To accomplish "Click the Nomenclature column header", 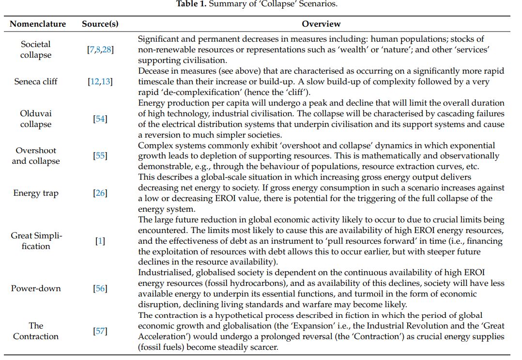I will coord(38,24).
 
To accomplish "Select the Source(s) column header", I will coord(100,24).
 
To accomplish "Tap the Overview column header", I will coord(321,24).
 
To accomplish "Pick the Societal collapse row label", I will coord(36,49).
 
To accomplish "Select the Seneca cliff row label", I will coord(36,81).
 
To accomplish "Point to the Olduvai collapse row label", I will coord(36,119).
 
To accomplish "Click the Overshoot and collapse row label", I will coord(36,156).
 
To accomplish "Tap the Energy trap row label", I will coord(36,193).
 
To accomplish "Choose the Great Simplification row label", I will coord(36,241).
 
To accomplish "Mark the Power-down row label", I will coord(36,288).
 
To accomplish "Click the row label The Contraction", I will coord(36,331).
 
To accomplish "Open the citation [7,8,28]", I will coord(100,49).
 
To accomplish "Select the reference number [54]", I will coord(100,119).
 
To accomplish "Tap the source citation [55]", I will coord(100,156).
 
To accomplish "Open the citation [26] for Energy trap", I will coord(100,193).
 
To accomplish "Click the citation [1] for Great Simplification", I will coord(100,241).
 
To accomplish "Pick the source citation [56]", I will coord(100,288).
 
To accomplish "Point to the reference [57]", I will coord(100,331).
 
